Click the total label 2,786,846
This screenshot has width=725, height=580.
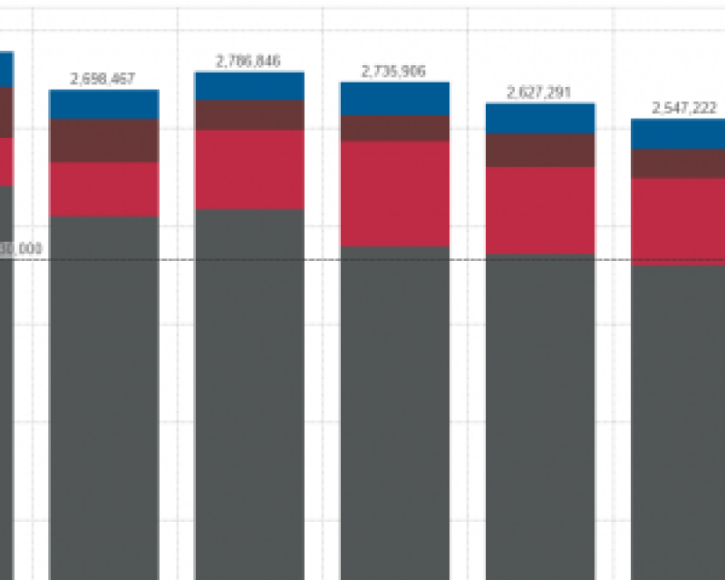[248, 62]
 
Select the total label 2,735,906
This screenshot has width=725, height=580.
[393, 72]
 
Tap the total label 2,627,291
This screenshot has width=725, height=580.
[539, 92]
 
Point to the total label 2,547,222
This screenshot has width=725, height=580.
[684, 108]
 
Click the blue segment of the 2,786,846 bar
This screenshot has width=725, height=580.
[249, 86]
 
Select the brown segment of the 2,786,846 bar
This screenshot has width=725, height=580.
[249, 115]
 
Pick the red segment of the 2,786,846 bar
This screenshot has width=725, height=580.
[249, 169]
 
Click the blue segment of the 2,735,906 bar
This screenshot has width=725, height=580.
[395, 99]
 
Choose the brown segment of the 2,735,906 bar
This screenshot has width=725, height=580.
[395, 128]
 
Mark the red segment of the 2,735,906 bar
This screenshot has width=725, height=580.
[395, 193]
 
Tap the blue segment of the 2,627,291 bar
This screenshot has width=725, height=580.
[540, 119]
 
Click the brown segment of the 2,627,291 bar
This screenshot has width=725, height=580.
[540, 150]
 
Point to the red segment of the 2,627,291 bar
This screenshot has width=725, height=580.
[540, 210]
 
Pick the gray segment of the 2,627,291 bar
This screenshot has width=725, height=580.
[540, 417]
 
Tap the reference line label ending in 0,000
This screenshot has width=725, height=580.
[22, 248]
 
